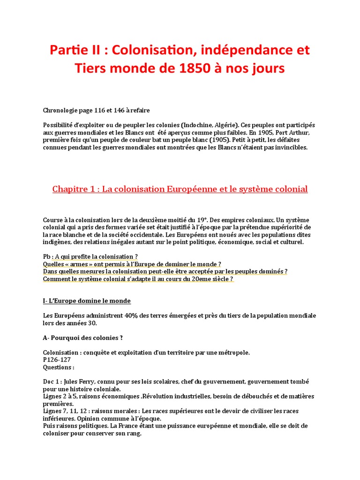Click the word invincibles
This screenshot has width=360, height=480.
[x=290, y=147]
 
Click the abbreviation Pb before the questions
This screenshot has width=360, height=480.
[x=46, y=257]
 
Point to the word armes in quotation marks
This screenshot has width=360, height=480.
[x=81, y=264]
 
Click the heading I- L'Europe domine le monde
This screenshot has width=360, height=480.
[x=87, y=301]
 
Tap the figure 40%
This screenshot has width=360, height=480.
[x=131, y=315]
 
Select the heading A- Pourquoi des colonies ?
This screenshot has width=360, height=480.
[x=83, y=337]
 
